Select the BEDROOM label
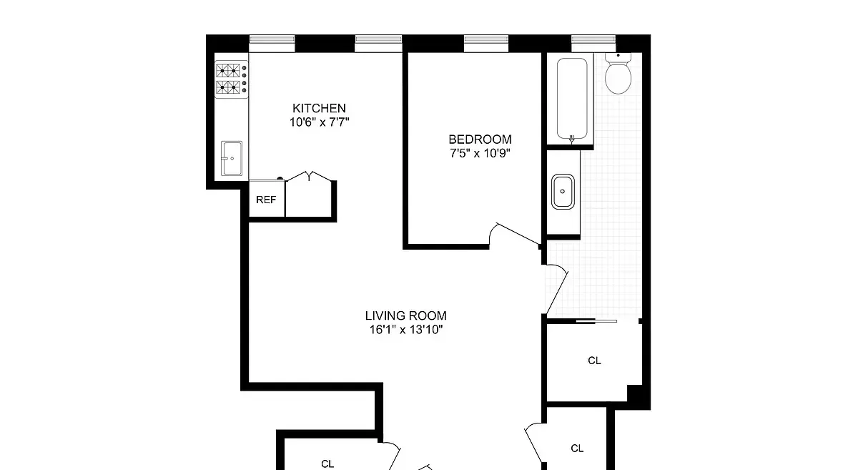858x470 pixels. (x=480, y=139)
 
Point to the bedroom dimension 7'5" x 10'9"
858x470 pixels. (x=480, y=152)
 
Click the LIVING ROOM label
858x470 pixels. (x=405, y=315)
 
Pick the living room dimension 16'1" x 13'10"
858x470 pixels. (x=405, y=330)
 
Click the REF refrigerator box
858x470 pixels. (x=266, y=200)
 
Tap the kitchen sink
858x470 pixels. (x=231, y=158)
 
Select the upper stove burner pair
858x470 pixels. (x=230, y=70)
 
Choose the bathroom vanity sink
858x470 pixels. (x=563, y=192)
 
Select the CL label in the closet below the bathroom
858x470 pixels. (x=594, y=361)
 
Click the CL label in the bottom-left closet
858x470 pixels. (x=327, y=464)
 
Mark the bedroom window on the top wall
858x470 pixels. (x=485, y=44)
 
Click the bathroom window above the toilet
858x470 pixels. (x=593, y=44)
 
